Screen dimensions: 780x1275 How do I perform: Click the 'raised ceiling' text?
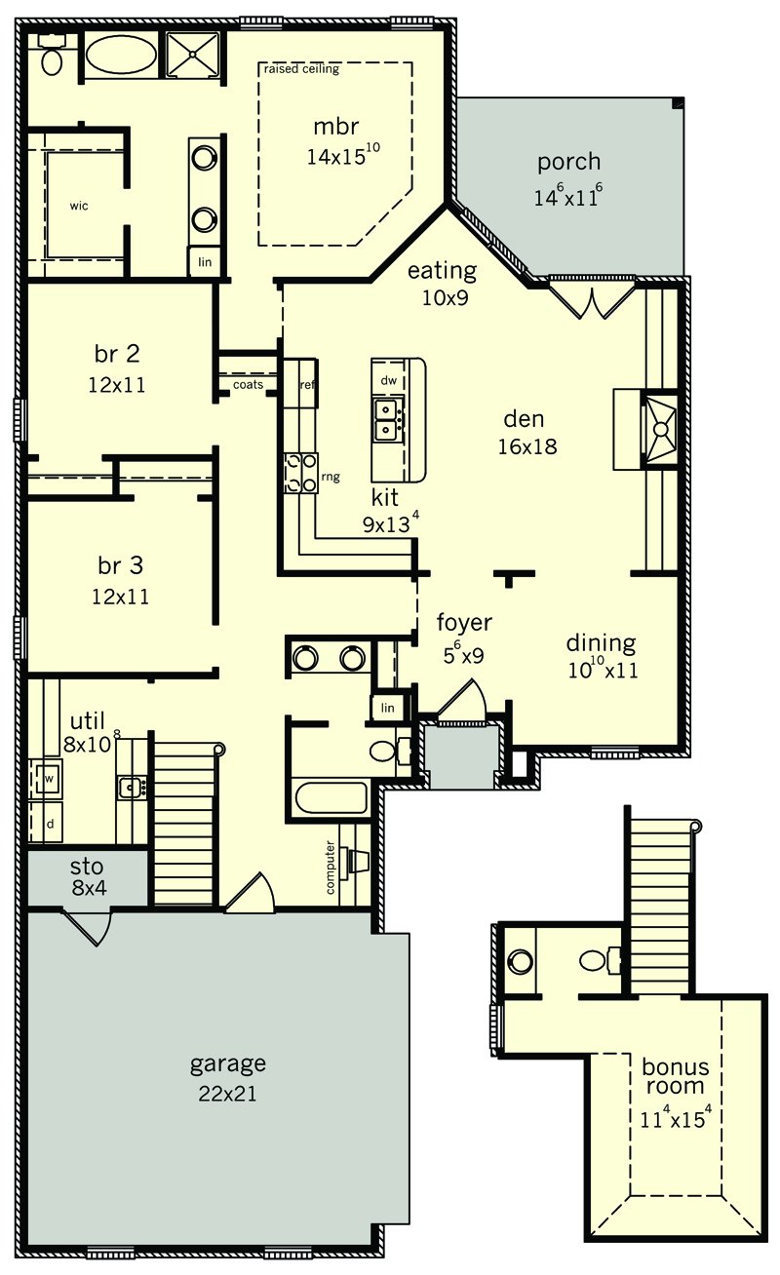(301, 69)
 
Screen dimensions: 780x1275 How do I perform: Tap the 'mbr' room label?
(336, 127)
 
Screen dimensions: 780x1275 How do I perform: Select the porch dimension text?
(568, 195)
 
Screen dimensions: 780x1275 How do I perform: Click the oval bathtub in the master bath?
(121, 55)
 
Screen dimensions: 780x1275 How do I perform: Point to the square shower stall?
(193, 54)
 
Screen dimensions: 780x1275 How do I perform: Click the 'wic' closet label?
(79, 206)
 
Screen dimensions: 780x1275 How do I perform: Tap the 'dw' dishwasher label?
(388, 380)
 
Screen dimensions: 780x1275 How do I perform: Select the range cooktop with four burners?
(301, 473)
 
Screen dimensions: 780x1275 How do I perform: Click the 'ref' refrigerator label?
(307, 385)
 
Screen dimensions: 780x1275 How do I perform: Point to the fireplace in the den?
(659, 429)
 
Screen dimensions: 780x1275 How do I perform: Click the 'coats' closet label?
(249, 385)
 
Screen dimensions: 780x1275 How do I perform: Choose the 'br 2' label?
(117, 354)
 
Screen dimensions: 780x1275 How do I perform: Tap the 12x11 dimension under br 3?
(120, 597)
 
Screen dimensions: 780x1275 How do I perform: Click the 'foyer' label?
(464, 623)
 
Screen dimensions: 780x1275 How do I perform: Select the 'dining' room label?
(602, 643)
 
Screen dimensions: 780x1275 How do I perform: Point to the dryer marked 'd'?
(50, 823)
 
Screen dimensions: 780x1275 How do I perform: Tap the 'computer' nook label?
(331, 867)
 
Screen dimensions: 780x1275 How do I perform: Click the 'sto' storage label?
(87, 867)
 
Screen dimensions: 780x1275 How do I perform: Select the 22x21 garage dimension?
(227, 1094)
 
